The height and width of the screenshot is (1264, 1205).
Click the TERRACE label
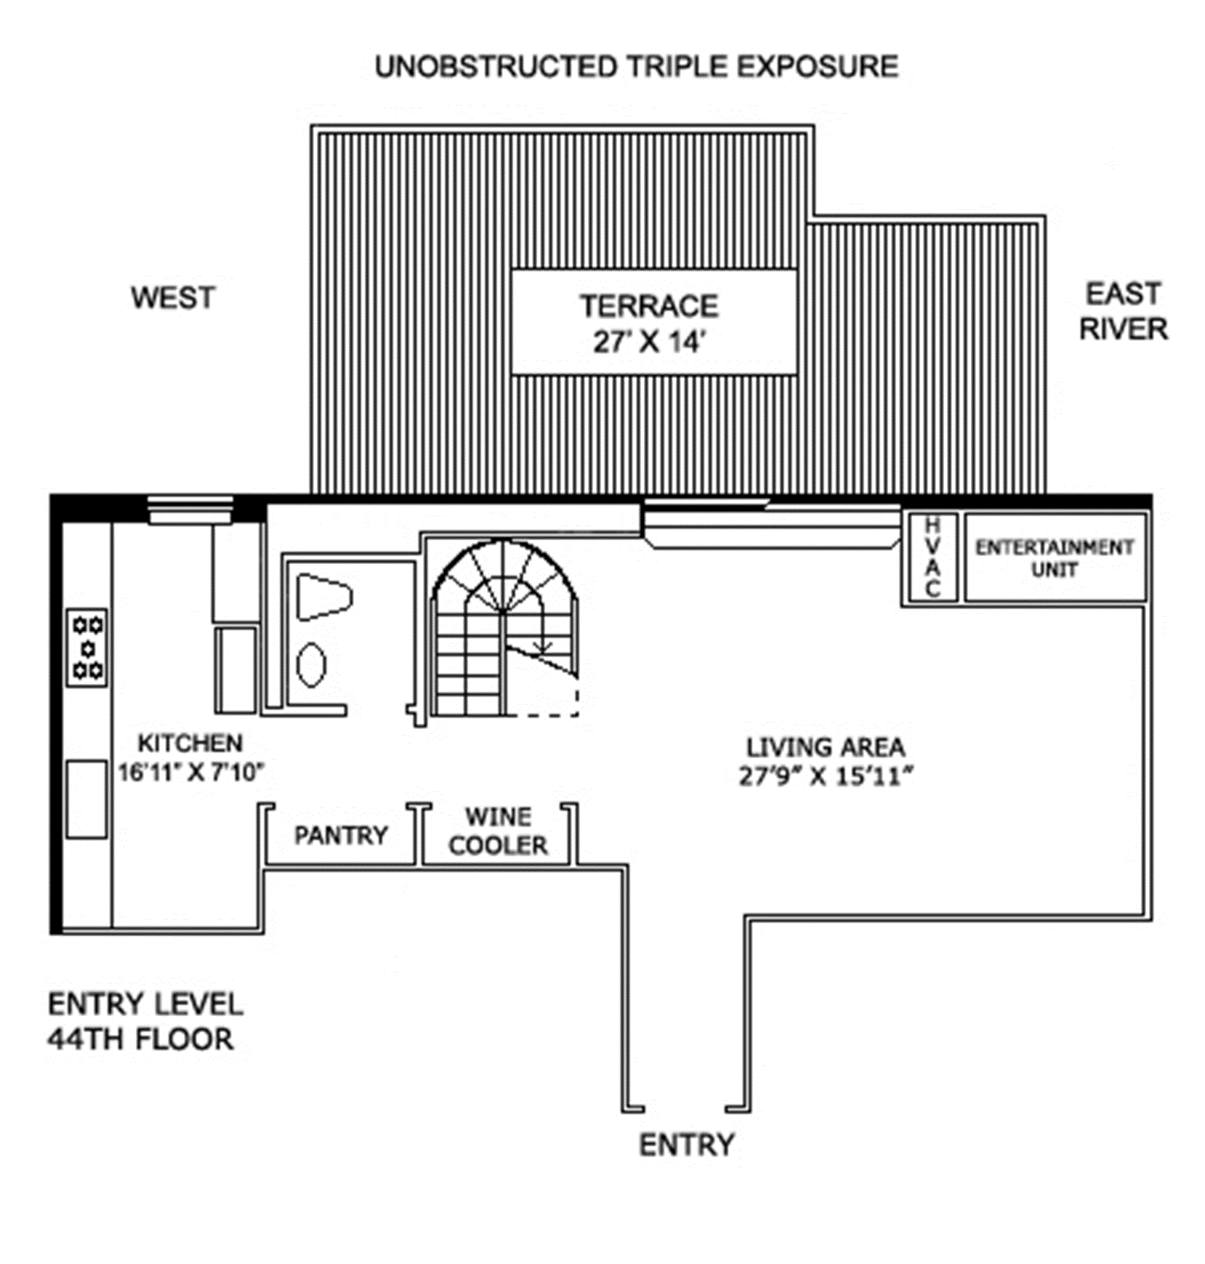(x=650, y=306)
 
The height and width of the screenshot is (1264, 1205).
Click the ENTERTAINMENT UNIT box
(x=1055, y=557)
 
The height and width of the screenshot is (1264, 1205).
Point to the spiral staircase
(x=505, y=627)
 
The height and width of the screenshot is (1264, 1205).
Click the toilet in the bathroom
(x=324, y=598)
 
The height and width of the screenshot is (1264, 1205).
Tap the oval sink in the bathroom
(x=312, y=665)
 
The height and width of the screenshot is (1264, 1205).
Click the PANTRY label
(x=341, y=835)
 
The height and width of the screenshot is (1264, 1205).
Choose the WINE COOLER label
(x=498, y=830)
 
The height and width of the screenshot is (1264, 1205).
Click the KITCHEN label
(x=191, y=743)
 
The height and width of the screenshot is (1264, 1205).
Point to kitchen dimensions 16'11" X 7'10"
(x=191, y=772)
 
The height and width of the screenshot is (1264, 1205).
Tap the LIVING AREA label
(x=825, y=747)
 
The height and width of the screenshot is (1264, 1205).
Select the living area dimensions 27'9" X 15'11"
(x=825, y=777)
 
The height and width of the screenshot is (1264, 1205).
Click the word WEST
(x=173, y=298)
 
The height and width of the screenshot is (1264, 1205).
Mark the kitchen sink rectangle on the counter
(x=87, y=799)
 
